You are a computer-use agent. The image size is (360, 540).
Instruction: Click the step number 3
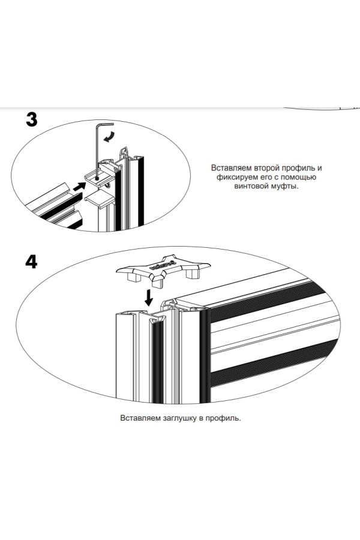click(x=32, y=119)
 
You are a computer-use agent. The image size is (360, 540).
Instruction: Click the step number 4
click(x=32, y=262)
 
